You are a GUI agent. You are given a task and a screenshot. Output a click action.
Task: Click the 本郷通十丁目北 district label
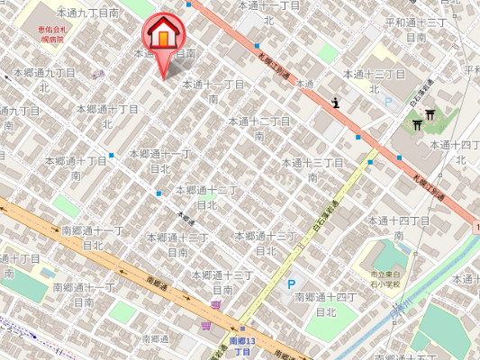[x=80, y=167]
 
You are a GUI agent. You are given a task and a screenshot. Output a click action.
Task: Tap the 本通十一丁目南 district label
[x=213, y=91]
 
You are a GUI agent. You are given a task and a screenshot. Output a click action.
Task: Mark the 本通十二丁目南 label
[x=259, y=128]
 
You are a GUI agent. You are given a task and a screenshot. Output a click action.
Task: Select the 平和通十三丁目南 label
[x=415, y=29]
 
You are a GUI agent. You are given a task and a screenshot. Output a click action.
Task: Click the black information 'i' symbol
[x=335, y=103]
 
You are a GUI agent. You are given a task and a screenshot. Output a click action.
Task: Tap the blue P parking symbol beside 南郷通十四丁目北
[x=290, y=285]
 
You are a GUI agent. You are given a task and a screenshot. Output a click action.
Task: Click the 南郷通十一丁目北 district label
[x=93, y=238]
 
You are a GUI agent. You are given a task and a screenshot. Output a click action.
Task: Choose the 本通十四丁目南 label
[x=403, y=227]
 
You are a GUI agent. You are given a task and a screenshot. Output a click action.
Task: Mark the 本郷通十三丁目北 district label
[x=266, y=242]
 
